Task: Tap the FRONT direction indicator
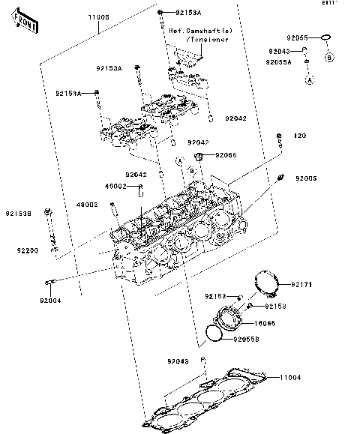pyautogui.click(x=24, y=24)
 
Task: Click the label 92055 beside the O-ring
pyautogui.click(x=297, y=37)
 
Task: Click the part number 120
pyautogui.click(x=300, y=136)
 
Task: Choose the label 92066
pyautogui.click(x=226, y=155)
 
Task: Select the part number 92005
pyautogui.click(x=306, y=178)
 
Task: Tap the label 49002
pyautogui.click(x=115, y=187)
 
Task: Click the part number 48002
pyautogui.click(x=88, y=204)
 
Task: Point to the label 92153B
pyautogui.click(x=20, y=213)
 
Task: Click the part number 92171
pyautogui.click(x=301, y=285)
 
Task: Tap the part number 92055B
pyautogui.click(x=246, y=340)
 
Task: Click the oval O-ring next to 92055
pyautogui.click(x=325, y=37)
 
